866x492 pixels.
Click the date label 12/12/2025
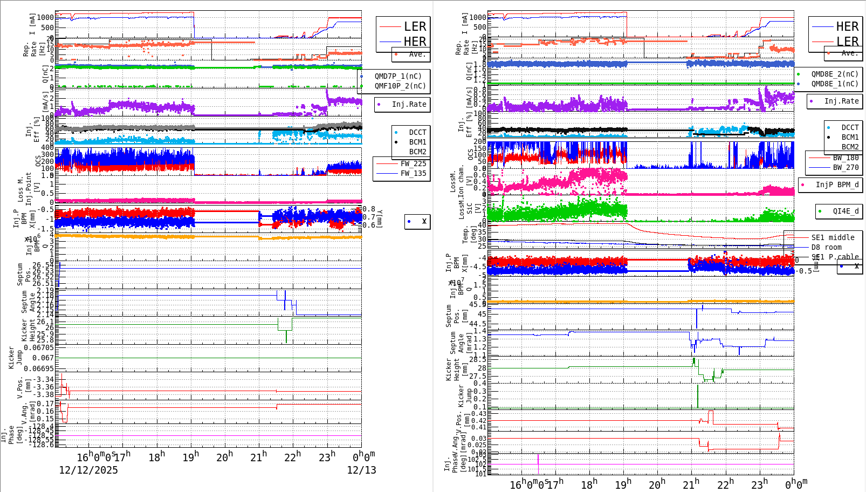[x=88, y=470]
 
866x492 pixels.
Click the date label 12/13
[x=361, y=470]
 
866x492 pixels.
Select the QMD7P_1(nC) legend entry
[x=398, y=76]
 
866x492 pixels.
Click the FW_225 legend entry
[x=413, y=163]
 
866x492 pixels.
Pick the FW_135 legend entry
[x=413, y=173]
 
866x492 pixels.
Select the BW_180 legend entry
[x=846, y=158]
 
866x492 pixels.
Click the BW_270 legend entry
[x=846, y=167]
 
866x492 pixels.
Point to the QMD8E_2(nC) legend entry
[x=834, y=74]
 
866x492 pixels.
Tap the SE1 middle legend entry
[x=833, y=237]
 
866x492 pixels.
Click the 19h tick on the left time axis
[x=191, y=457]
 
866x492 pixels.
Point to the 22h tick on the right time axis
[x=726, y=484]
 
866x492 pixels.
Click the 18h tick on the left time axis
[x=157, y=457]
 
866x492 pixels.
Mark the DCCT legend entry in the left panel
[x=417, y=132]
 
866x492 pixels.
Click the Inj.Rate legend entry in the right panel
[x=841, y=101]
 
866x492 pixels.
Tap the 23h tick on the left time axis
[x=327, y=457]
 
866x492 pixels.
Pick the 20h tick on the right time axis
[x=657, y=484]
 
